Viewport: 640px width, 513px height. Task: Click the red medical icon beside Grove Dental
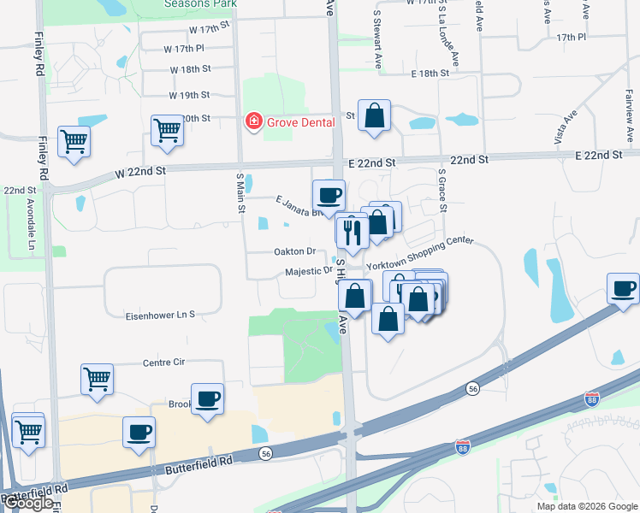(253, 122)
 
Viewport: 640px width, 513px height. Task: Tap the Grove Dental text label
(295, 122)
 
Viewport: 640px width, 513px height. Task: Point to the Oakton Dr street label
(295, 251)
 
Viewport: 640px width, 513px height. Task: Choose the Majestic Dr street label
(309, 271)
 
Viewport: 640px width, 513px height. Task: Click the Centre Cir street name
(163, 362)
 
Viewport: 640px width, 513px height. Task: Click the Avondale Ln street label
(31, 219)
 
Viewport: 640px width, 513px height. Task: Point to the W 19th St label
(189, 95)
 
